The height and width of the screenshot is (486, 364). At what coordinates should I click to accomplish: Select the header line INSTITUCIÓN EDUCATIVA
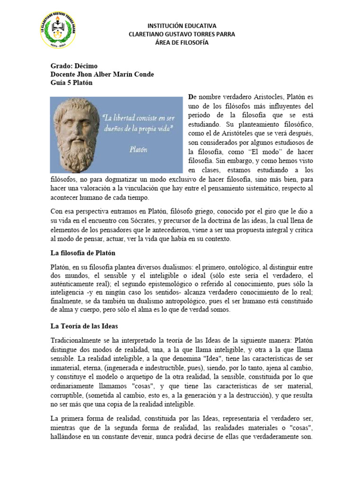[x=182, y=26]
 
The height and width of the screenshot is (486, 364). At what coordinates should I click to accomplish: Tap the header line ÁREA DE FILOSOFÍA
[x=182, y=43]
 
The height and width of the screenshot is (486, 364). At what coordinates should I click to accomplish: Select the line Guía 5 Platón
[x=72, y=83]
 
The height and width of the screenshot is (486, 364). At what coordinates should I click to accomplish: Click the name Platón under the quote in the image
[x=139, y=149]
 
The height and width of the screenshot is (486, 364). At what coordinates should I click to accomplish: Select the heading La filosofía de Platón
[x=83, y=252]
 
